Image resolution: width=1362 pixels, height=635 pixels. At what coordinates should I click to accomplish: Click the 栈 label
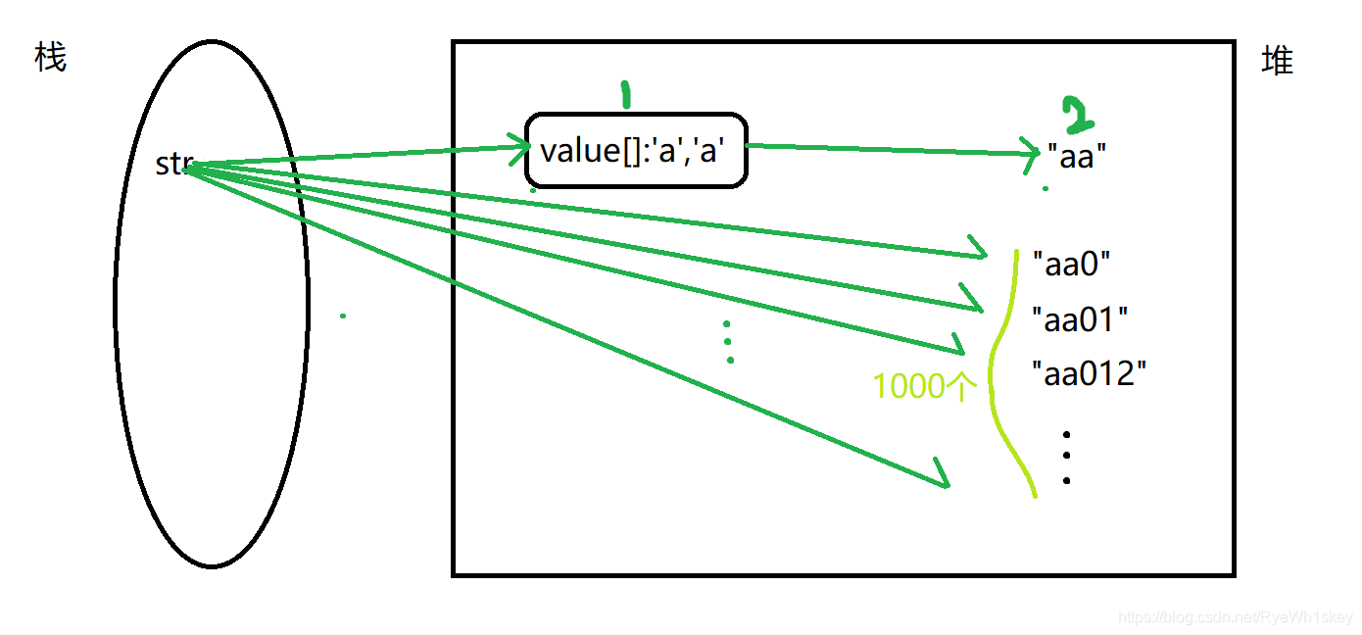tap(50, 58)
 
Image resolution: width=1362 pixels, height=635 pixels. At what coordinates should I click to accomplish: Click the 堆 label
tap(1277, 62)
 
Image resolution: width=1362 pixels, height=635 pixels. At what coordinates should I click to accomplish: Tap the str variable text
tap(173, 165)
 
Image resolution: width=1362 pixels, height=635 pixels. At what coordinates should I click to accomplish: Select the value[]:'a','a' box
tap(637, 150)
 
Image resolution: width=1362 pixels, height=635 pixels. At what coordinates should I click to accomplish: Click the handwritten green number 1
tap(625, 94)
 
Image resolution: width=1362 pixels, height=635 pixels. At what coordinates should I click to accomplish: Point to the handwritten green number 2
tap(1078, 116)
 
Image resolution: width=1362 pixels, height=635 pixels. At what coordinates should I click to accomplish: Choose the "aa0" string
tap(1072, 264)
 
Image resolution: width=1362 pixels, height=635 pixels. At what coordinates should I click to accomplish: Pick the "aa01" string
tap(1081, 318)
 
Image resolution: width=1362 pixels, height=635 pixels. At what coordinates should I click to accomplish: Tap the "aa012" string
tap(1090, 373)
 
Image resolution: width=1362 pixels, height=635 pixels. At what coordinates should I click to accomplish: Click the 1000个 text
tap(925, 387)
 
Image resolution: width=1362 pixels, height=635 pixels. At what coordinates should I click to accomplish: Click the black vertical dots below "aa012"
tap(1066, 457)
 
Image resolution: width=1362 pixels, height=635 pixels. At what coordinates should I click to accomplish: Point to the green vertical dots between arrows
tap(728, 342)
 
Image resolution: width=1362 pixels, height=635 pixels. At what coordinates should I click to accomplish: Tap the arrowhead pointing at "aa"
tap(1031, 152)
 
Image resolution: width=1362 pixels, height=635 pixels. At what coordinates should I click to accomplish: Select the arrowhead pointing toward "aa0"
tap(980, 253)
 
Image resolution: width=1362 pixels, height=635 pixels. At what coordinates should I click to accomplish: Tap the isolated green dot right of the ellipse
tap(342, 316)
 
